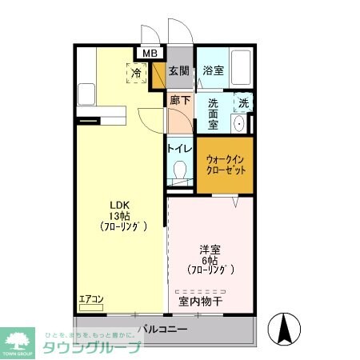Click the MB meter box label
tap(150, 54)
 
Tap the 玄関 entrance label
tap(180, 71)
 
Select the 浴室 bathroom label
tap(212, 70)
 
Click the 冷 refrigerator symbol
tap(137, 73)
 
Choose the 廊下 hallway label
tap(180, 101)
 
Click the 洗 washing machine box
tap(242, 102)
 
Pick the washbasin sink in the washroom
tap(238, 124)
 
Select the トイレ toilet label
tap(179, 148)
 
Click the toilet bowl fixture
tap(180, 170)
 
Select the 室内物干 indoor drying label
tap(201, 302)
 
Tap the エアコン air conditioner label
tap(91, 300)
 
